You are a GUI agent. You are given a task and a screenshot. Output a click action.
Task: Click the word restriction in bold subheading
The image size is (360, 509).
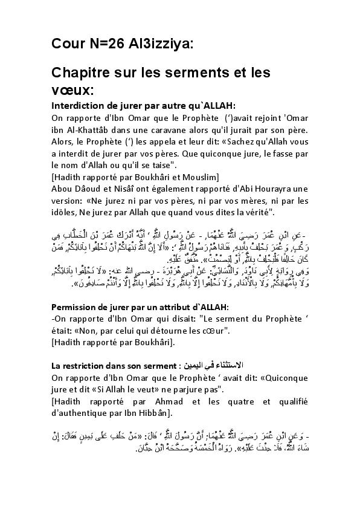click(x=85, y=366)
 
